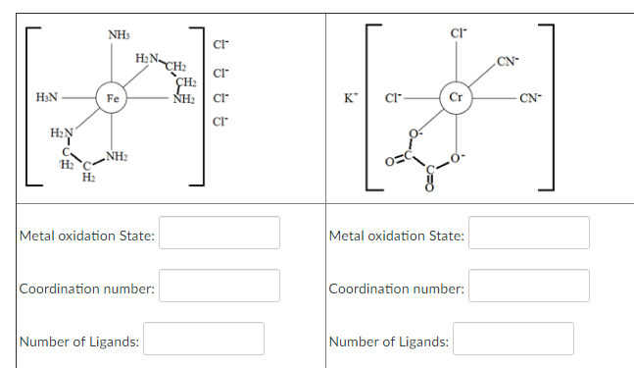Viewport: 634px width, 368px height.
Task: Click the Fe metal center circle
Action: (x=113, y=98)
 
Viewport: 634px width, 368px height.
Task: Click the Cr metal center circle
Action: (x=456, y=97)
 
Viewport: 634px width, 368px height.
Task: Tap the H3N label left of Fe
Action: (x=46, y=98)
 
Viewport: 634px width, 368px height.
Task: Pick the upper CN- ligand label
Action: (x=507, y=64)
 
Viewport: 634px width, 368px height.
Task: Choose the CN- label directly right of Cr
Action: (x=530, y=98)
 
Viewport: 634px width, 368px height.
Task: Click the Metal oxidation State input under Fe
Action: (x=220, y=234)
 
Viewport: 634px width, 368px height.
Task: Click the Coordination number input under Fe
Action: (x=220, y=287)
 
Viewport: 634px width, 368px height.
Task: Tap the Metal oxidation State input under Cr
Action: (x=530, y=234)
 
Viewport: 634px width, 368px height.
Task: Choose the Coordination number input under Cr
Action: (x=530, y=287)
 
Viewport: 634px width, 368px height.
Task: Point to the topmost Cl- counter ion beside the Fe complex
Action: (x=219, y=46)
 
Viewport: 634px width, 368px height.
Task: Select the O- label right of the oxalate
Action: (x=459, y=160)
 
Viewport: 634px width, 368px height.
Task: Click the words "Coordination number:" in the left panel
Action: (x=87, y=289)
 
